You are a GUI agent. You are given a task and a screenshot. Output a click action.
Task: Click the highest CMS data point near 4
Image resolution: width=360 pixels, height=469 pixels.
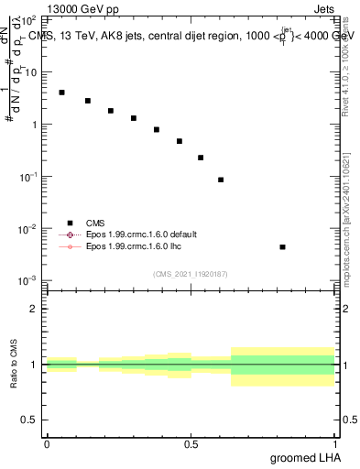[61, 93]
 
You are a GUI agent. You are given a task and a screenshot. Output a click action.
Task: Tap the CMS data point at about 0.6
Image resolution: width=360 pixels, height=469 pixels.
[221, 180]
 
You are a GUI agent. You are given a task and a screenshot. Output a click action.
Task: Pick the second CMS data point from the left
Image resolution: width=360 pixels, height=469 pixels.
[88, 101]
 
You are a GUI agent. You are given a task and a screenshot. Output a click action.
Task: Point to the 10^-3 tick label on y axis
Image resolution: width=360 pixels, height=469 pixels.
[27, 280]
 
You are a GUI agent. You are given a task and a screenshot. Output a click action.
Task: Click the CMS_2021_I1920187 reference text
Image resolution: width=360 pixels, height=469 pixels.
[190, 273]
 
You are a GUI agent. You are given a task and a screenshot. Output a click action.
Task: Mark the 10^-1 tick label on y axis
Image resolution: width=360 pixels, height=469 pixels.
[27, 176]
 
